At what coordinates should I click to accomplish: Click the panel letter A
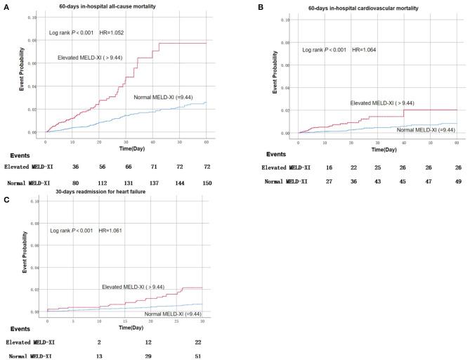(4, 6)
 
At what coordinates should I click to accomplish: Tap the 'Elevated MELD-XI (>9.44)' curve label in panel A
(91, 57)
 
